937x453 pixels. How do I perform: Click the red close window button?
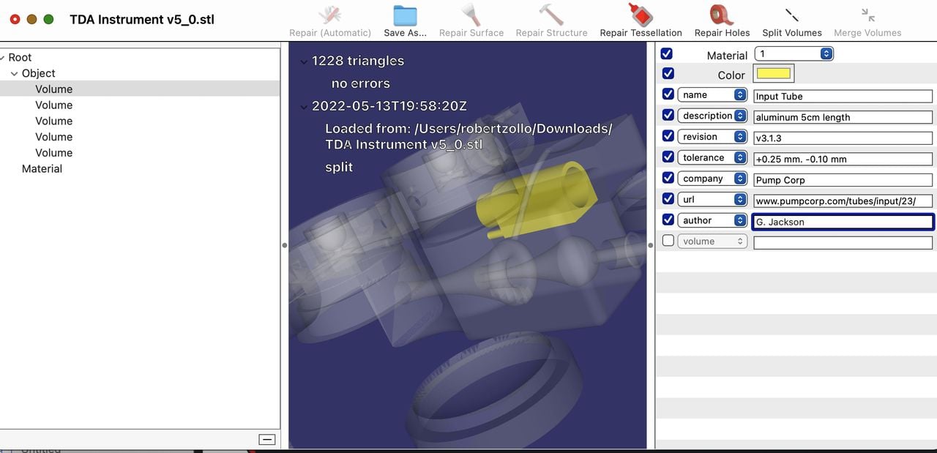click(15, 19)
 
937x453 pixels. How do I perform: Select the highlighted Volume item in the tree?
click(54, 89)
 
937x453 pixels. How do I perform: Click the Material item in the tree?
click(42, 169)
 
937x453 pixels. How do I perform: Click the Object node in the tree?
click(39, 73)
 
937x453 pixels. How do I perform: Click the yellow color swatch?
click(774, 74)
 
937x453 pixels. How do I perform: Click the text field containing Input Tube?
click(843, 97)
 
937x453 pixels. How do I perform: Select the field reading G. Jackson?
click(843, 222)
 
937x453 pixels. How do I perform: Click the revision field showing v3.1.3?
click(843, 138)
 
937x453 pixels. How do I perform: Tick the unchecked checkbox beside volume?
click(668, 241)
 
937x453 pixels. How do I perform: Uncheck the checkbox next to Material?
click(666, 54)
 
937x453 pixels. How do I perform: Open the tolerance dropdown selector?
click(712, 157)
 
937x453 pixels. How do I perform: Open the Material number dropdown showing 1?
click(794, 54)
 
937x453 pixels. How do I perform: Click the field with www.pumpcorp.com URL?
click(843, 201)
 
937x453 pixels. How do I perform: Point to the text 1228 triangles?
click(357, 61)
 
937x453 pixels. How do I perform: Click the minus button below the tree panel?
click(267, 439)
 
